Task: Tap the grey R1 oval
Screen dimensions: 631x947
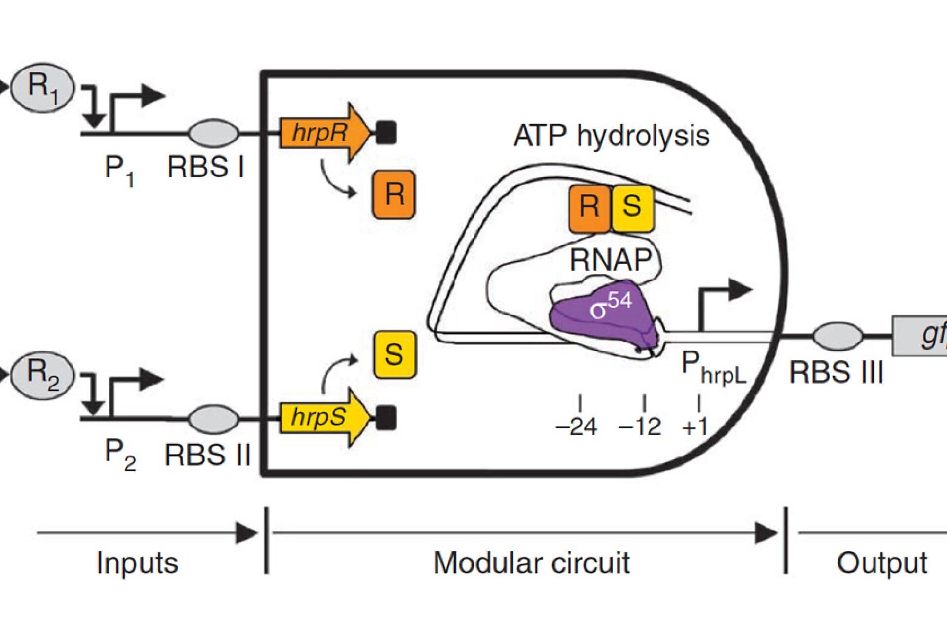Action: point(43,88)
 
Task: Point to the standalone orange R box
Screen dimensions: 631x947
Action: point(394,194)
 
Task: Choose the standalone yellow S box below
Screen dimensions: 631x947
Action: point(394,354)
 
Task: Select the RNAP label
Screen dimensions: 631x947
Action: point(611,260)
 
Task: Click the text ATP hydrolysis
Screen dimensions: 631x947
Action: point(612,136)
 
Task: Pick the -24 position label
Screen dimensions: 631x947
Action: point(577,426)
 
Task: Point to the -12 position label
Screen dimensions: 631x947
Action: point(640,426)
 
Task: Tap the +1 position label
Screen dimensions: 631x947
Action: point(695,426)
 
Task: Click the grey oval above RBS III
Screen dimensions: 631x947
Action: point(838,336)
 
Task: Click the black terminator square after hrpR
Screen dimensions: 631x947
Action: point(386,133)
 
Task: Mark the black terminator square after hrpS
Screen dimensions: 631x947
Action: point(386,418)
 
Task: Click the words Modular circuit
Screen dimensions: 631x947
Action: point(531,562)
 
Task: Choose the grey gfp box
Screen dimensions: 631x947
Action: point(920,336)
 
